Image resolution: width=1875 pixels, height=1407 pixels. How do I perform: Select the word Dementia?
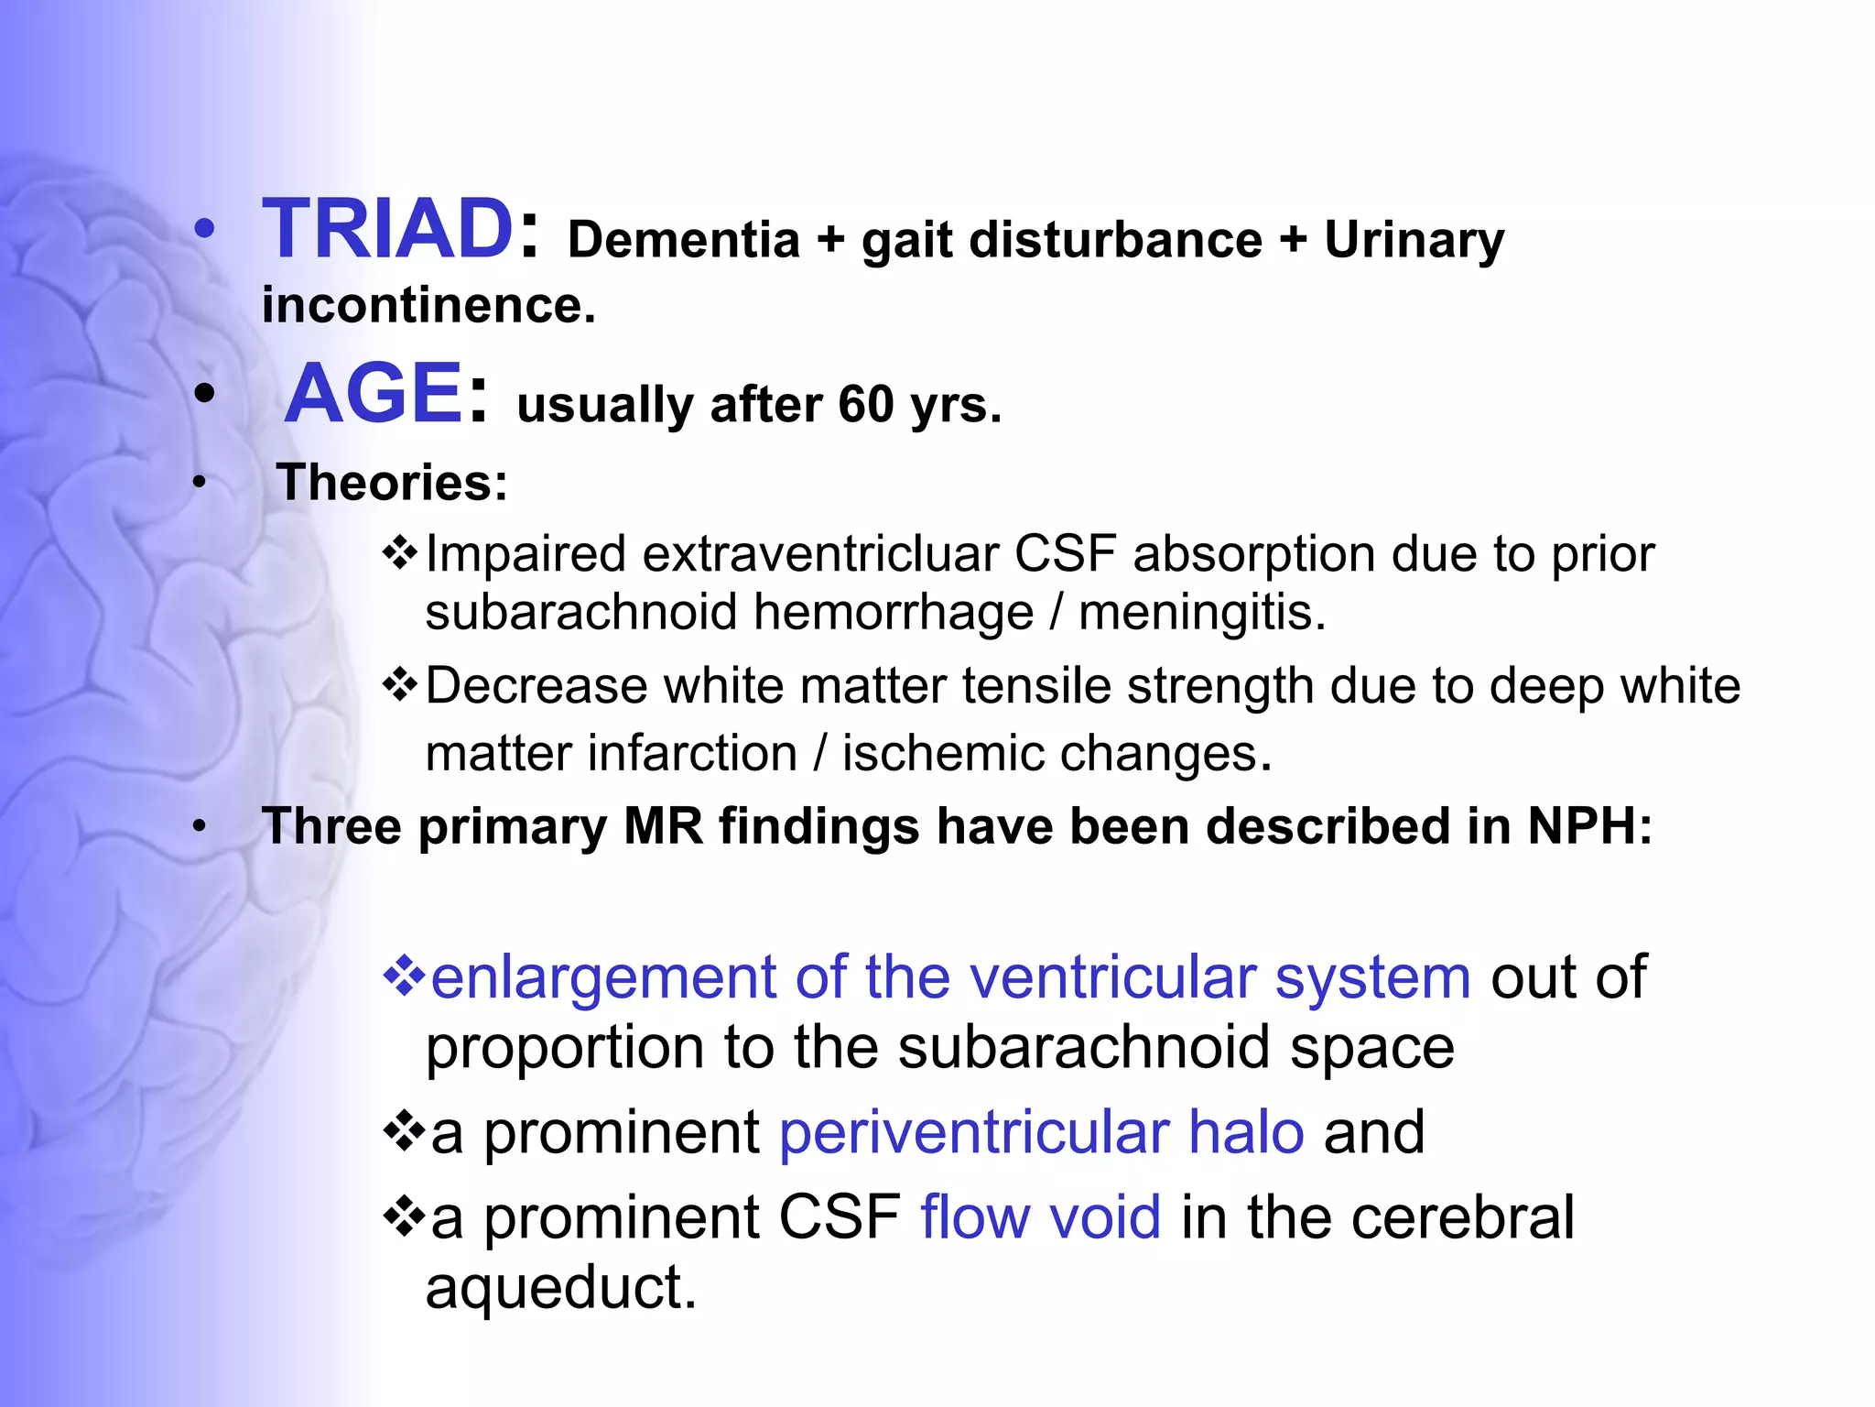click(683, 240)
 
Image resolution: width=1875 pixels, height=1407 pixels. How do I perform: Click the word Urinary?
click(1414, 240)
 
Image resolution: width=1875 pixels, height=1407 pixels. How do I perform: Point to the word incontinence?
click(427, 305)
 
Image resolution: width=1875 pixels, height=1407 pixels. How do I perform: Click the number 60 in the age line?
click(865, 404)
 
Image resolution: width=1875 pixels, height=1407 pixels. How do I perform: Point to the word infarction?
click(692, 753)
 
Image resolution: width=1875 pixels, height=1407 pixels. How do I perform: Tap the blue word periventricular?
click(974, 1132)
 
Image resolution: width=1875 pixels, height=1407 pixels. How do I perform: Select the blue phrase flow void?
click(1040, 1217)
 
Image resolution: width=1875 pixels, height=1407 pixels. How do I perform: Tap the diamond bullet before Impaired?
click(400, 553)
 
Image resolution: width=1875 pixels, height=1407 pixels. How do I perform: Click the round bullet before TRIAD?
click(204, 230)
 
